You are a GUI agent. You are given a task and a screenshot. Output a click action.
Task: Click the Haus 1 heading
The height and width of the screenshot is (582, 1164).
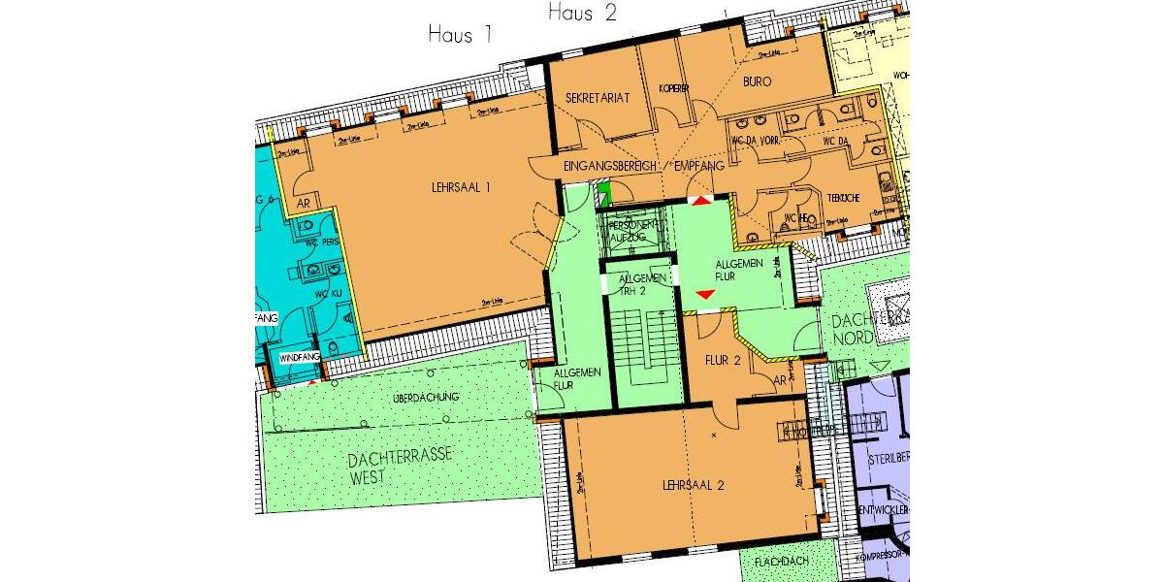point(461,35)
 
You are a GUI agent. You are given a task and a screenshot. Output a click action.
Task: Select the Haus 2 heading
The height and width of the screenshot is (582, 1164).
point(582,13)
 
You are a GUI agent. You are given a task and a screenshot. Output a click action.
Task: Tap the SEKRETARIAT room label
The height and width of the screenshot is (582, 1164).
point(598,98)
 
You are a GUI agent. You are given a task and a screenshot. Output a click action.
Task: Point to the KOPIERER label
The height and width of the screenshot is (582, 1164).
point(673,88)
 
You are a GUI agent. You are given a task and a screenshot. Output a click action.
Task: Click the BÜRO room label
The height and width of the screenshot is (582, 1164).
point(757,81)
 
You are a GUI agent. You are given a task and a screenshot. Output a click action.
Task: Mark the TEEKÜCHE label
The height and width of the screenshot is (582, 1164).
point(839,197)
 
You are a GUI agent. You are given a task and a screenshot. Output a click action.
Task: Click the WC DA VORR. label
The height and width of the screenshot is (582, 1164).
point(756,144)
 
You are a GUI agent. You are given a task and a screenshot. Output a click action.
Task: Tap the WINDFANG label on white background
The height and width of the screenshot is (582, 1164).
point(298,359)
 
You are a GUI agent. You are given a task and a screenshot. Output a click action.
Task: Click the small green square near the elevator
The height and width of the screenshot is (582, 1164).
point(602,191)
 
